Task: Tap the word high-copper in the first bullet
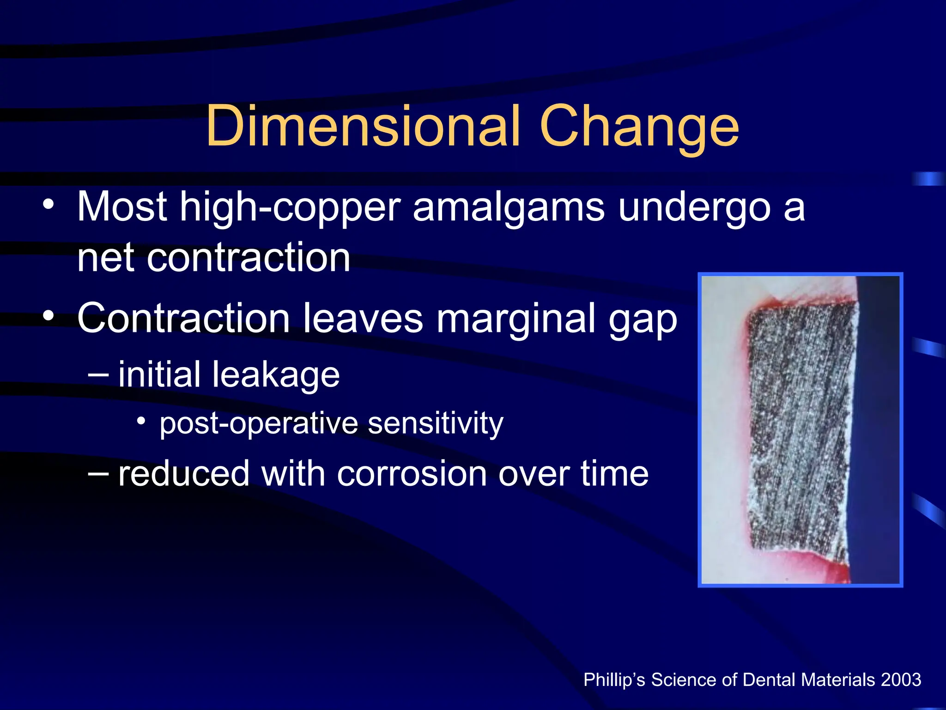(290, 208)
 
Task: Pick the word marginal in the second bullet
(515, 319)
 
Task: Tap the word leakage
(275, 374)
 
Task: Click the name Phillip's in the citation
(614, 680)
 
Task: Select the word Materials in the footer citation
(838, 680)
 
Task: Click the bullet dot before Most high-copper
(49, 204)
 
